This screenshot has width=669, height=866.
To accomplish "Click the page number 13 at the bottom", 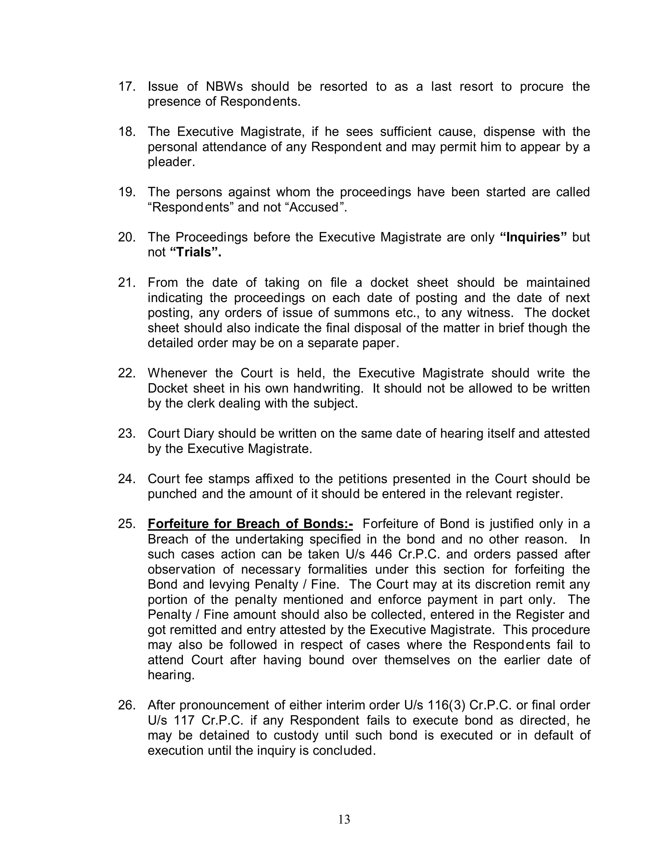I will pos(344,819).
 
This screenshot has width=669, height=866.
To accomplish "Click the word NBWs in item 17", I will pos(224,87).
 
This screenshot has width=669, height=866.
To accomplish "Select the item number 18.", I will pos(127,132).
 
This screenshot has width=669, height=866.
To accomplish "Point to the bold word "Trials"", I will pos(195,252).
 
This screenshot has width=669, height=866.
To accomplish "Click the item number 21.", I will pos(127,283).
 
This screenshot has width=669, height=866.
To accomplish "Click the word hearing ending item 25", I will pos(171,675).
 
